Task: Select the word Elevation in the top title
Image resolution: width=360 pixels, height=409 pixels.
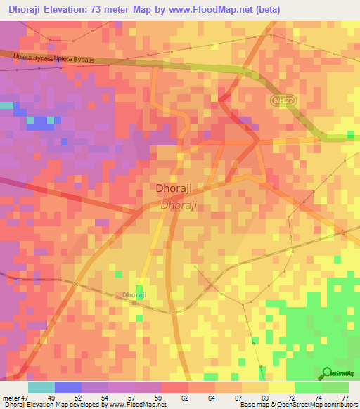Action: coord(79,9)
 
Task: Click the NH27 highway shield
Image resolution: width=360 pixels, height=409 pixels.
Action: coord(281,101)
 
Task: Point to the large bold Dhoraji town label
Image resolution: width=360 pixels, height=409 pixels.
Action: coord(173,189)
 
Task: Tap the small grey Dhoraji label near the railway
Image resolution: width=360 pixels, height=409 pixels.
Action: coord(134,295)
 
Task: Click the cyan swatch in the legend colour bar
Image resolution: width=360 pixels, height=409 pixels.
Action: coord(41,387)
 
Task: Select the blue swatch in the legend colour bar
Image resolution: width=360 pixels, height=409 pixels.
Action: coord(67,387)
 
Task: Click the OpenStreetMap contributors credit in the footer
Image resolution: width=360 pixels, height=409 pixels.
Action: coord(316,405)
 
